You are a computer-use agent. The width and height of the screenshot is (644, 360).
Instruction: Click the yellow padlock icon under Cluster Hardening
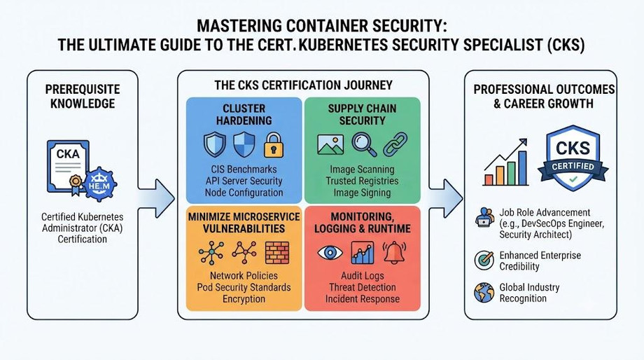[x=274, y=145]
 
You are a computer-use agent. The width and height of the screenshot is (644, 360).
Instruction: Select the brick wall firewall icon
[x=277, y=252]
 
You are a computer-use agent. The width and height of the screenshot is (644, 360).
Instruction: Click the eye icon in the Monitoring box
[x=330, y=252]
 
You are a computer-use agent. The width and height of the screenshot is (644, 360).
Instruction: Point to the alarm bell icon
[x=394, y=252]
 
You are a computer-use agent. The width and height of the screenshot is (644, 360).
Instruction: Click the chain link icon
[x=395, y=145]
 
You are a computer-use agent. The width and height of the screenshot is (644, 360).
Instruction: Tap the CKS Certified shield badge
[x=573, y=158]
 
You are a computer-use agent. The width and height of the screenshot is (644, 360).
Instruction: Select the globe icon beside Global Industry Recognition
[x=484, y=293]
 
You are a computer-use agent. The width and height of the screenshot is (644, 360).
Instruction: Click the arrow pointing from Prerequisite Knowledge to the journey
[x=157, y=198]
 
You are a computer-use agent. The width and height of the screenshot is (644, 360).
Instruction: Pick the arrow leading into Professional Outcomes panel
[x=447, y=198]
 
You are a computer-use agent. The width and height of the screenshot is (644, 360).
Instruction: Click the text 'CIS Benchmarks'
[x=244, y=169]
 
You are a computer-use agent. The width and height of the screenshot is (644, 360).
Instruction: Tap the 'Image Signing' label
[x=362, y=193]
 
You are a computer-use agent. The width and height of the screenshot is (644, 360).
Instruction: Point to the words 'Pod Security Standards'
[x=244, y=287]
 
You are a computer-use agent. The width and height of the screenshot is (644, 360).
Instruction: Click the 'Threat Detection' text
[x=363, y=287]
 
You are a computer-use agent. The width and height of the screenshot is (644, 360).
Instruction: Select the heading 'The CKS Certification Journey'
[x=304, y=85]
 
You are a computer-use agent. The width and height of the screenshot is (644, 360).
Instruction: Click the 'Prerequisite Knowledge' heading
[x=83, y=96]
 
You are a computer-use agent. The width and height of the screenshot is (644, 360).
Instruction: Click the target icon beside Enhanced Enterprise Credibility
[x=484, y=260]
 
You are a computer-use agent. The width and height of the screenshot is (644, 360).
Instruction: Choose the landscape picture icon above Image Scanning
[x=330, y=145]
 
